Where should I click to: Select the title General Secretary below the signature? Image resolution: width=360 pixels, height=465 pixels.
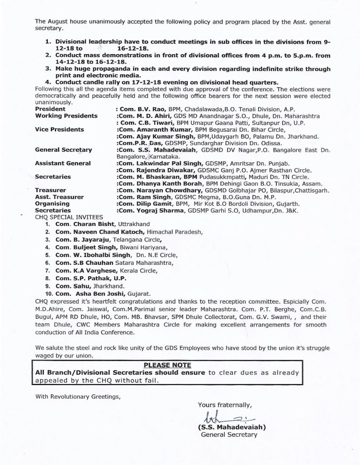pyautogui.click(x=229, y=435)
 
